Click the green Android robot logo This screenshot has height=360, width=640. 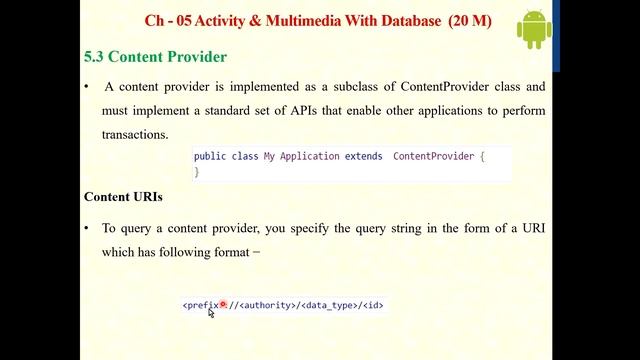534,31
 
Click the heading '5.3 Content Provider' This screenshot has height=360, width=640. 155,57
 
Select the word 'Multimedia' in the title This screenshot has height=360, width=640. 300,19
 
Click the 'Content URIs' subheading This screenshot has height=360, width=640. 123,197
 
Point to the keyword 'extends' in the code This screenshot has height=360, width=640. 363,157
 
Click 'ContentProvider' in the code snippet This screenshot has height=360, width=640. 434,157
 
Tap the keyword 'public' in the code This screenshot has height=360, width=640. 210,157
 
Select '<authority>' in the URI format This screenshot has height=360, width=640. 268,305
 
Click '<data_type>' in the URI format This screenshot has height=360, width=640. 329,305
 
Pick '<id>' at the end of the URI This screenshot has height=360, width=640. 373,305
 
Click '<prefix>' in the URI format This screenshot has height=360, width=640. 202,305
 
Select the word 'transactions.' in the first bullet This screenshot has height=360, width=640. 135,134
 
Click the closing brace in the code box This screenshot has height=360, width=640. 197,172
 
